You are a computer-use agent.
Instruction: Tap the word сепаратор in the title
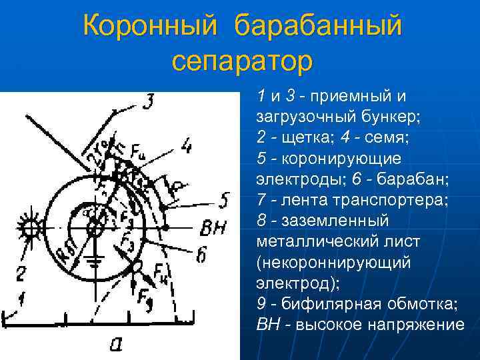[x=241, y=61]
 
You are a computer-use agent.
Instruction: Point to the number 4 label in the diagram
[x=187, y=144]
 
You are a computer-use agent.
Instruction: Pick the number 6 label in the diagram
[x=201, y=254]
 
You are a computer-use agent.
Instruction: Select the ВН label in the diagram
[x=213, y=229]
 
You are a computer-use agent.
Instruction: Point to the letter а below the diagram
[x=116, y=343]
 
